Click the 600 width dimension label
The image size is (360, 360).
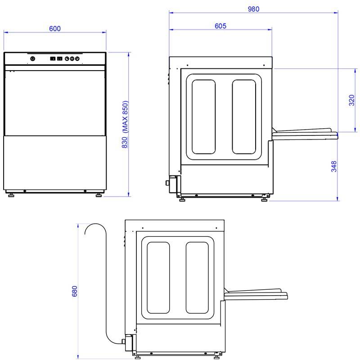55,28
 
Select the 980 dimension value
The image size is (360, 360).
253,9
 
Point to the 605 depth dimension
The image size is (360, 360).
220,26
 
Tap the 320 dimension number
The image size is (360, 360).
351,100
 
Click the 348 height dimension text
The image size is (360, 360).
334,166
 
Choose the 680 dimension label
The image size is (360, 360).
75,291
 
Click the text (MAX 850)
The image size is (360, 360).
125,117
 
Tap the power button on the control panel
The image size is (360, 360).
33,59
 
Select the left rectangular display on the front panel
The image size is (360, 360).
53,58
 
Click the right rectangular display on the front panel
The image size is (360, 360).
60,58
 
